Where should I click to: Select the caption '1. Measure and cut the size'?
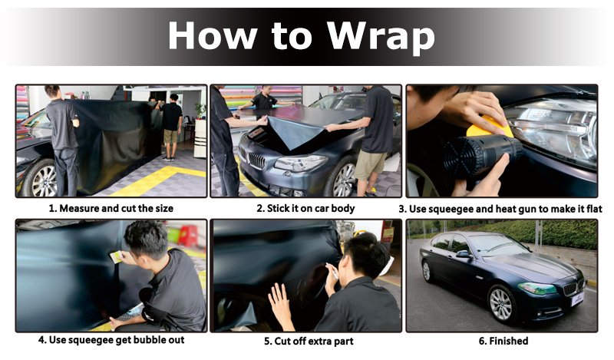point(111,208)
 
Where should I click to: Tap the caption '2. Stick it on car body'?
point(305,208)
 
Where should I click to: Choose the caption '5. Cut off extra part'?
point(305,341)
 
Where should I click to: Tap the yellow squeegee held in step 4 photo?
point(116,257)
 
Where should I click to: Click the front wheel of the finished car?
point(503,302)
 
